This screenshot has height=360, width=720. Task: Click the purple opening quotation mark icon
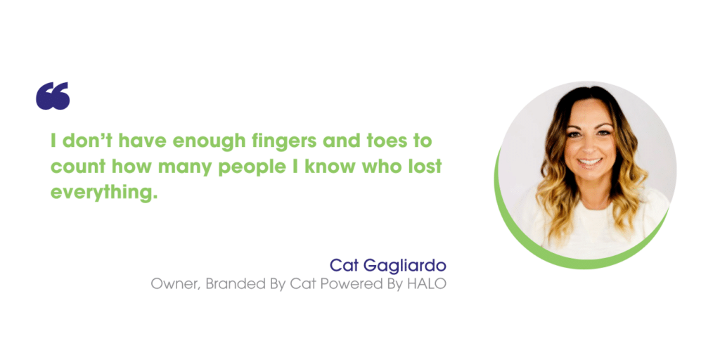(53, 96)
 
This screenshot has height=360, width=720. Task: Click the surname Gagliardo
(405, 266)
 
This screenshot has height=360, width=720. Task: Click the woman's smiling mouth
(589, 162)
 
